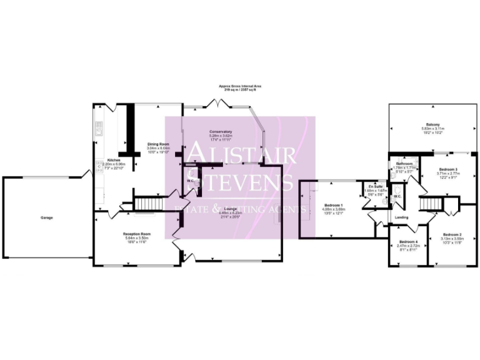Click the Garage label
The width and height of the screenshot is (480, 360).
click(x=47, y=217)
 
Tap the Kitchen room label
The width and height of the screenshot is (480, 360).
click(x=113, y=160)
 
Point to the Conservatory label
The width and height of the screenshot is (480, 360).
click(x=221, y=132)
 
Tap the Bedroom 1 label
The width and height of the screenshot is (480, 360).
click(x=333, y=205)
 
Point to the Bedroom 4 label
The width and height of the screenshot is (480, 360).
click(x=407, y=241)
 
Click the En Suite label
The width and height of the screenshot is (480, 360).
click(x=374, y=187)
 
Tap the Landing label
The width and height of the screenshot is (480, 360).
click(x=402, y=217)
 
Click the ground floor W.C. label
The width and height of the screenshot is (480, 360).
click(x=189, y=181)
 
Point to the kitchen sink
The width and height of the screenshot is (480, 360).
click(x=99, y=129)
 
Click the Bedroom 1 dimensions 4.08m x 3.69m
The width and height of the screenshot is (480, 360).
click(x=333, y=209)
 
